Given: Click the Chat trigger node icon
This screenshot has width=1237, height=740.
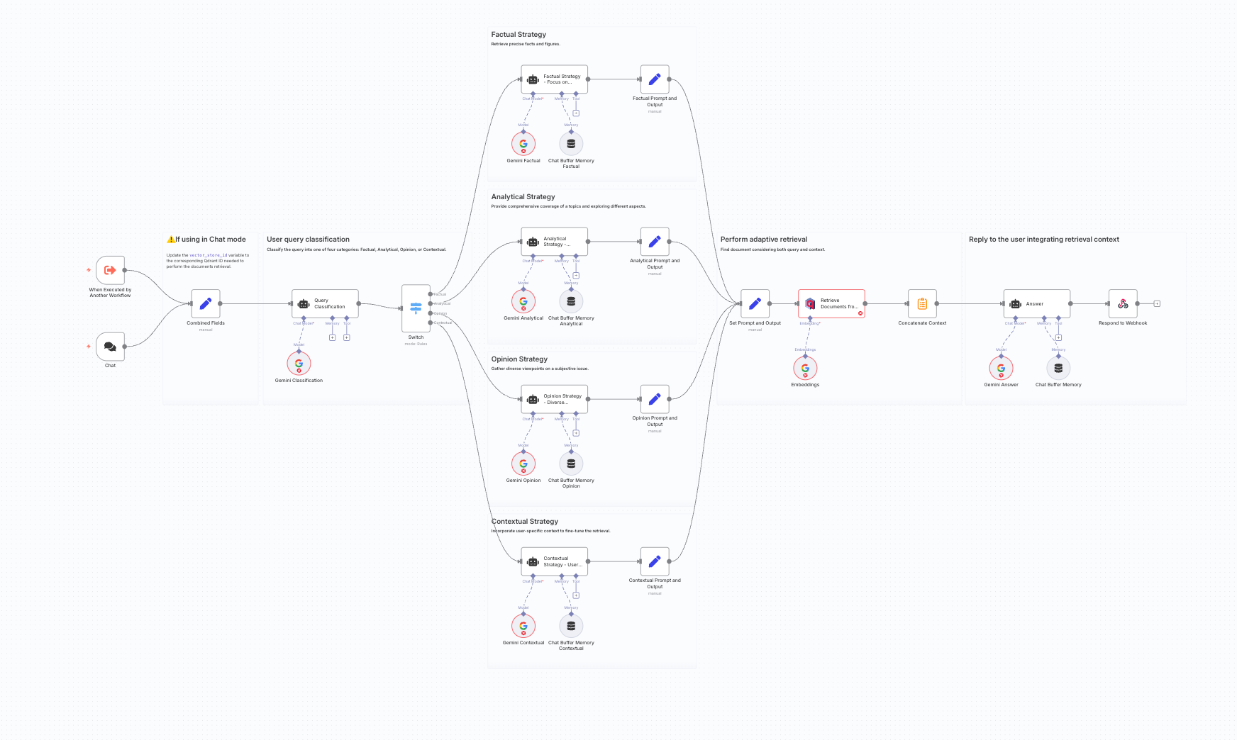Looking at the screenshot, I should [110, 347].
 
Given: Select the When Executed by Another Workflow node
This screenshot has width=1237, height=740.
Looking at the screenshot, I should [110, 270].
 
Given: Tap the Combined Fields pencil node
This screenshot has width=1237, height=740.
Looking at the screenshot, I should [206, 303].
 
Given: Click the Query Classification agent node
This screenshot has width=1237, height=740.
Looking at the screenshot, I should [325, 303].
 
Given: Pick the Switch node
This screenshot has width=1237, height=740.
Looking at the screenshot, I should [416, 308].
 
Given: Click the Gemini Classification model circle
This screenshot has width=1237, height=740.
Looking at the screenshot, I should [299, 364].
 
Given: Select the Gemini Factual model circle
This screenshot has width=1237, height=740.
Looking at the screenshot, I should [523, 144].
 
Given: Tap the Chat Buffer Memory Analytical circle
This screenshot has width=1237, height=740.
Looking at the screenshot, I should [571, 301].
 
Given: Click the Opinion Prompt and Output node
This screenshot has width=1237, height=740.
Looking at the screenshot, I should [655, 399].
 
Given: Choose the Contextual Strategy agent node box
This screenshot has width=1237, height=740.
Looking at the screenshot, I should [555, 561].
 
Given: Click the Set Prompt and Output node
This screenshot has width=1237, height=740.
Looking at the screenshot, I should [755, 303].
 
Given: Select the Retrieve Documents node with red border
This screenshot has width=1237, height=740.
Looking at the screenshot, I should [831, 303].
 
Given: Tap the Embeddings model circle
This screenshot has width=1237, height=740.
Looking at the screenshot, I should [805, 369].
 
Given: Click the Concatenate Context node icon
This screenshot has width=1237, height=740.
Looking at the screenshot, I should [922, 303].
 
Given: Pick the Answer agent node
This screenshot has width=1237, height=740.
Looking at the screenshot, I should [1036, 303].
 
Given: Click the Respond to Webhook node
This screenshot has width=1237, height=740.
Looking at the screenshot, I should [1123, 303].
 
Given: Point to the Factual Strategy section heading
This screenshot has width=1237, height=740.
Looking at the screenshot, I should [518, 35].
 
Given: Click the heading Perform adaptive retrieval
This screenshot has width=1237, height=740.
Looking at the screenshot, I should [764, 240].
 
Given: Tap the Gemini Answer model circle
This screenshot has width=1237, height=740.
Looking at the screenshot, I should [1001, 369].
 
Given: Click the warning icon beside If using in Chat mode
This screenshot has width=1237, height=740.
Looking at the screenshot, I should [170, 240].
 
